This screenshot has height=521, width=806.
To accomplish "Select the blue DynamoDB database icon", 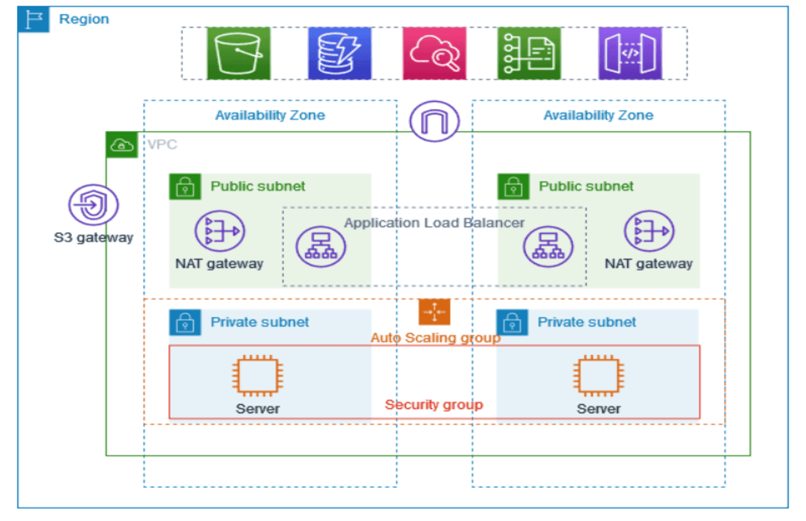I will (339, 53).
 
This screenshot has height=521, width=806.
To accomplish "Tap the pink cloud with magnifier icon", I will (434, 53).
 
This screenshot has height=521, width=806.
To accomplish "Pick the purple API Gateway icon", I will (630, 53).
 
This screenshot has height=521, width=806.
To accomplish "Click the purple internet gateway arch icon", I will (434, 122).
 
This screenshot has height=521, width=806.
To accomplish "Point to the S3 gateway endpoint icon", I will (93, 205).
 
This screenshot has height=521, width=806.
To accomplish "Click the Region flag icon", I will (33, 19).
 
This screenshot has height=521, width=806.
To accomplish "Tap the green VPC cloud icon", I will (122, 145).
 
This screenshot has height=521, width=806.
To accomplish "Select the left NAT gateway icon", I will (219, 231).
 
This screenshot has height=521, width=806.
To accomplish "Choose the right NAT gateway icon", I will (649, 231).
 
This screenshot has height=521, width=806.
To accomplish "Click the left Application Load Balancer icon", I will (321, 246).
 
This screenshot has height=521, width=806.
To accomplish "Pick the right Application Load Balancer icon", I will (548, 246).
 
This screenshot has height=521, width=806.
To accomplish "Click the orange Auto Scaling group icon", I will (434, 312).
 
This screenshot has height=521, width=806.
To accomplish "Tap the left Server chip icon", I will (258, 376).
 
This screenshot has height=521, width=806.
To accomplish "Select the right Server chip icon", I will (598, 376).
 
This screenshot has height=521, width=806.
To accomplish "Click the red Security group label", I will (433, 405).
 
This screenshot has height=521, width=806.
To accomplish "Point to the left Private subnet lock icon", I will (185, 323).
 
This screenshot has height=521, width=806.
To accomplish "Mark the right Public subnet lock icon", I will (513, 187).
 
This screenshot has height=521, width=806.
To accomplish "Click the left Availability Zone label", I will (270, 115).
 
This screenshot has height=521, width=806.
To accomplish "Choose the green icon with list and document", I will (529, 53).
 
